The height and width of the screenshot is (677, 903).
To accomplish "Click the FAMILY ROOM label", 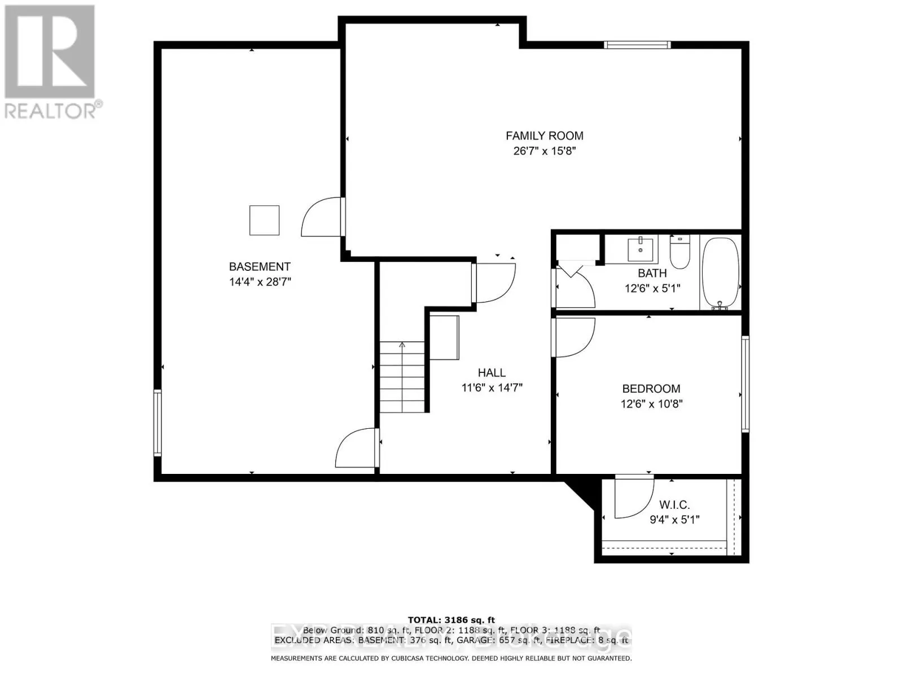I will tap(544, 135).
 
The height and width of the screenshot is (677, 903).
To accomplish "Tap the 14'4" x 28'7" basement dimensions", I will tap(260, 282).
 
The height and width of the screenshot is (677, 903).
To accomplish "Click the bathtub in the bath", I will tap(720, 273).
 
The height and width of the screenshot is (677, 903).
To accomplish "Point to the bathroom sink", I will tap(641, 249).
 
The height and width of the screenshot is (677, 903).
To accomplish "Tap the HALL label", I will tap(492, 372).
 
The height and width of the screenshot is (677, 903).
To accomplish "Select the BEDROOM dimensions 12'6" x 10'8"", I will tap(651, 404).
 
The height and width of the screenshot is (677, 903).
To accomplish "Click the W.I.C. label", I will tap(674, 505).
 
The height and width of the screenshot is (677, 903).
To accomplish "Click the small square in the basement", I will tap(264, 220).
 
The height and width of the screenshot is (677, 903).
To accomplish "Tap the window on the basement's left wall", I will tap(157, 423).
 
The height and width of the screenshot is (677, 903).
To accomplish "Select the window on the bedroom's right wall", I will tap(745, 384).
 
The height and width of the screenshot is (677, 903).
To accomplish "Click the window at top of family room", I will tap(637, 45).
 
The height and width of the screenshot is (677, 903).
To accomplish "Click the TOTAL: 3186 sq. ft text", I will tap(451, 620).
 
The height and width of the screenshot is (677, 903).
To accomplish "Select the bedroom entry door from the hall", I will tap(573, 337).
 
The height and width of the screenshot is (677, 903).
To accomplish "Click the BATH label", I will tap(652, 273).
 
